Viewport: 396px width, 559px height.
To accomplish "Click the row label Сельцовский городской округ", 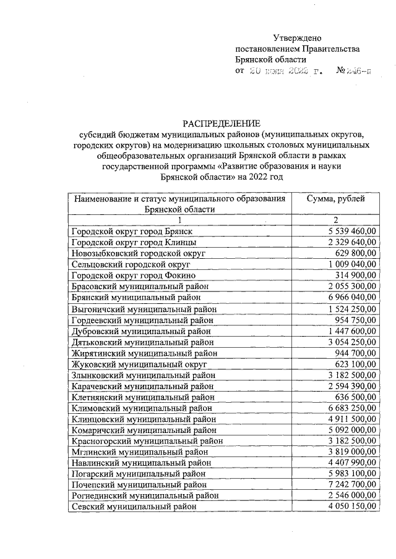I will tap(131, 264).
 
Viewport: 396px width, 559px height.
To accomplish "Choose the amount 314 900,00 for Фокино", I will tap(355, 275).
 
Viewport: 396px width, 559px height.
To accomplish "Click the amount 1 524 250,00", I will tap(350, 308).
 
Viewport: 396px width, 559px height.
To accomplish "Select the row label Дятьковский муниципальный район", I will tap(146, 341).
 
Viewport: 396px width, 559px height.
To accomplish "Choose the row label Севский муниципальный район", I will tap(139, 506).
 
